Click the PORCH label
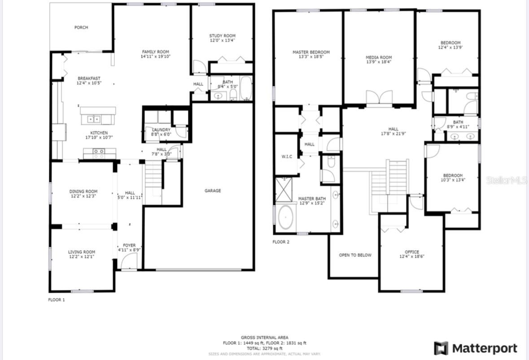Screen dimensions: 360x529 pos(81,27)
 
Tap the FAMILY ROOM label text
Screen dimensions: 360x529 pos(155,52)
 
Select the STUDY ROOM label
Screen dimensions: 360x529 pos(222,36)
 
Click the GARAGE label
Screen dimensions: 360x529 pos(213,191)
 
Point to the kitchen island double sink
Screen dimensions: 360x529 pos(94,119)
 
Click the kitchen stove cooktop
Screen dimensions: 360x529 pos(99,154)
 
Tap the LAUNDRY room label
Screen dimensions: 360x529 pos(161,130)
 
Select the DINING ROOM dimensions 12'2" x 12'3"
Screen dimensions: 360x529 pos(83,196)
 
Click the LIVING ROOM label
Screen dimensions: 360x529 pos(81,252)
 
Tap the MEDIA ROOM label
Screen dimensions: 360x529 pos(379,57)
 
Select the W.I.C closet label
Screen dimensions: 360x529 pos(287,156)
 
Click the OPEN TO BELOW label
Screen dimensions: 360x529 pos(355,255)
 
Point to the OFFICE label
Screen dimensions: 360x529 pos(411,252)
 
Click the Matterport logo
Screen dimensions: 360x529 pos(475,348)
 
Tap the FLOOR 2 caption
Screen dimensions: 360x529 pos(281,242)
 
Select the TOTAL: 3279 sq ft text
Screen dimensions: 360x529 pos(264,348)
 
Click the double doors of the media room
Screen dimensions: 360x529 pos(379,98)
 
